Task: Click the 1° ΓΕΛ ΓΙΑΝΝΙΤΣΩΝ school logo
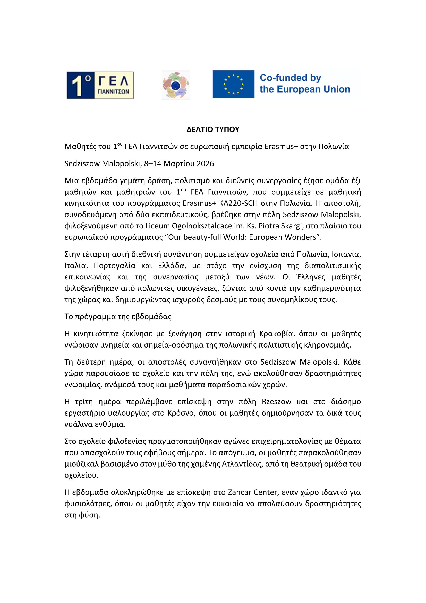tap(100, 85)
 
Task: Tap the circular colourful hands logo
tap(175, 85)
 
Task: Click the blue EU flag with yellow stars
tap(233, 84)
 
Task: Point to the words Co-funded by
tap(290, 78)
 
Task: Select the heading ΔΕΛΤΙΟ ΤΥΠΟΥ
tap(213, 129)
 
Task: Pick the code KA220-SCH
tap(242, 203)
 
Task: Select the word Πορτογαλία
tap(115, 266)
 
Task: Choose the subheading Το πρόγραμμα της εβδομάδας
tap(118, 317)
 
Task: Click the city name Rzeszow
tap(276, 402)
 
